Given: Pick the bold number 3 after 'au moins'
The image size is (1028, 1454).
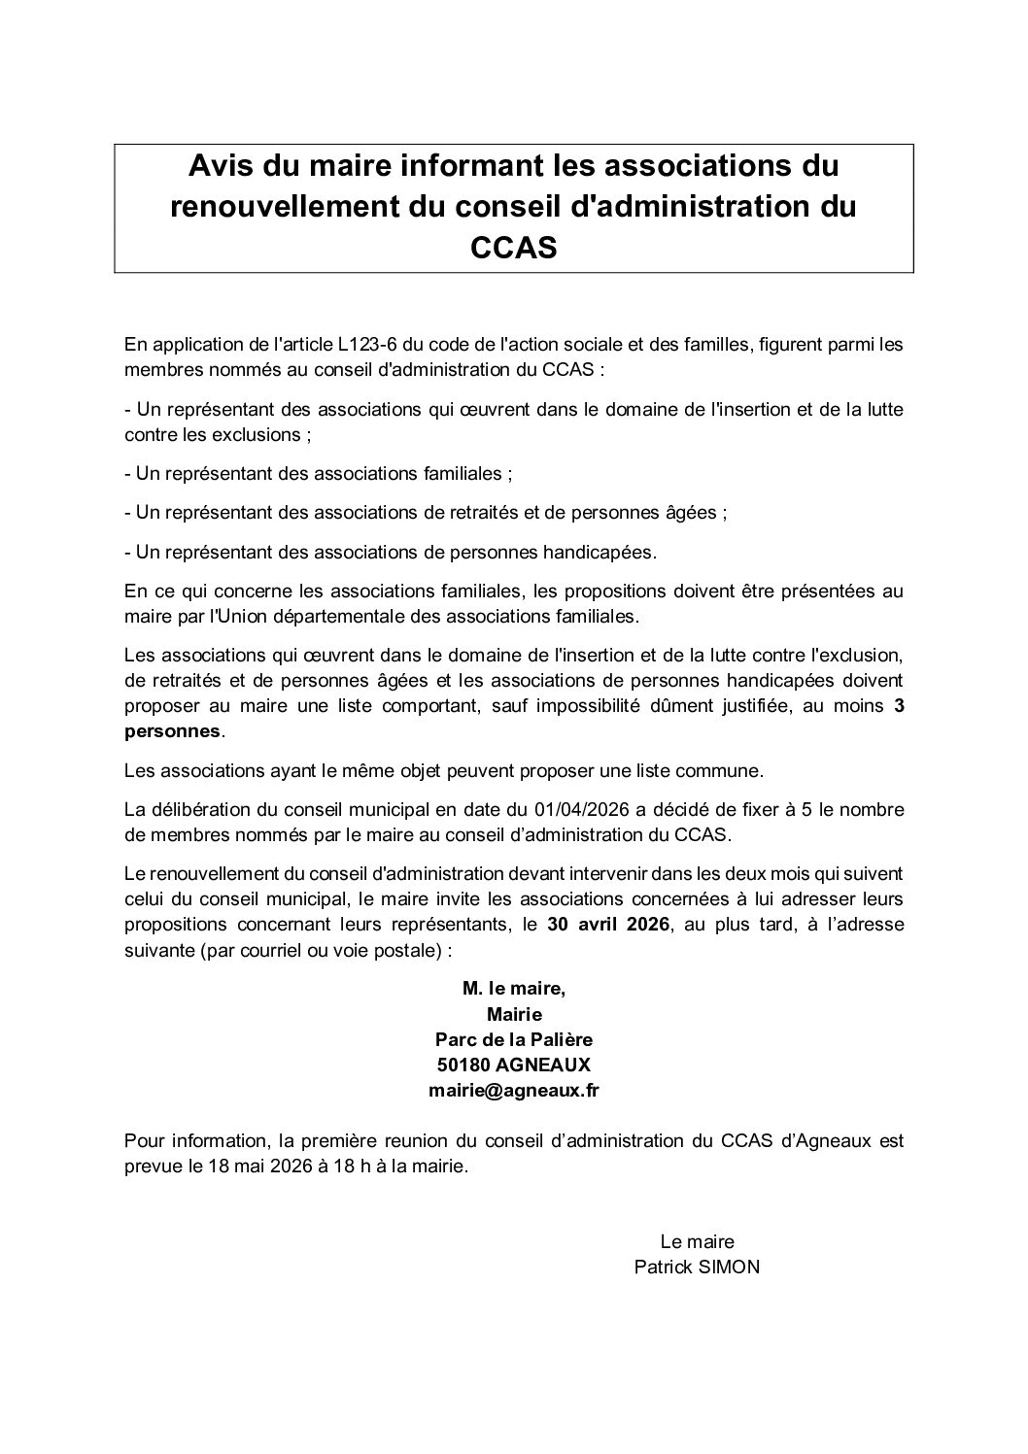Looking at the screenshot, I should click(899, 707).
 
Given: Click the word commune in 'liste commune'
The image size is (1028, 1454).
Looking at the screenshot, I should click(728, 771).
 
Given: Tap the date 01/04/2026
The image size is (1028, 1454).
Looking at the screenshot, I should click(580, 811).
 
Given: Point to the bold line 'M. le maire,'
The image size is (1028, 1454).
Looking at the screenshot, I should click(513, 989).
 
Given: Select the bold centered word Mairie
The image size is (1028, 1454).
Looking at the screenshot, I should click(514, 1014).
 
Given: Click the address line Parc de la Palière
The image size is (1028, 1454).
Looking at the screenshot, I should click(513, 1039).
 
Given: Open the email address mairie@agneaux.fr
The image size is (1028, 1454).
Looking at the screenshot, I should click(513, 1090).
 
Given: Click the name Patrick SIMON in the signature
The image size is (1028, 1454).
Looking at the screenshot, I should click(697, 1267).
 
